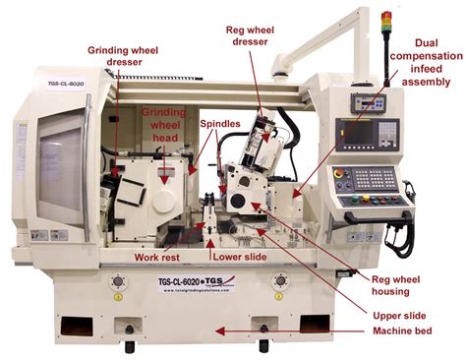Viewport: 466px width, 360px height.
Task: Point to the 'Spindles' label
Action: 220,126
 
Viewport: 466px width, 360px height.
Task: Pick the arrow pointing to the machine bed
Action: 295,330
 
